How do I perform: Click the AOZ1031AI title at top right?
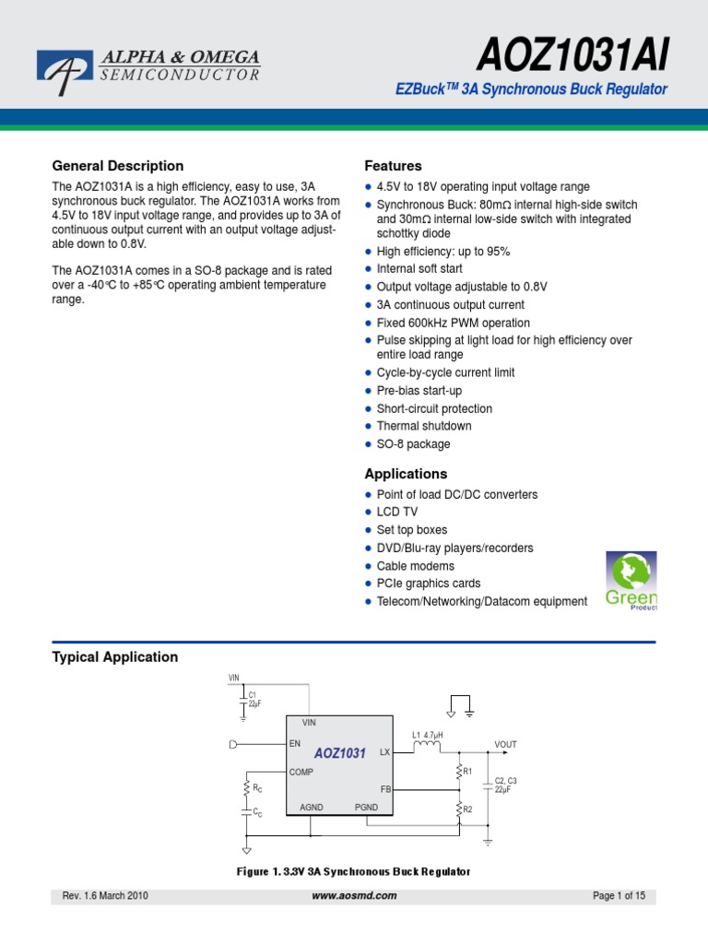(x=572, y=57)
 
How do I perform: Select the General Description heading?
(x=118, y=166)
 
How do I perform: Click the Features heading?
(x=394, y=166)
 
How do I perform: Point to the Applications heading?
(x=406, y=474)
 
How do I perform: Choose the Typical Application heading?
(x=115, y=657)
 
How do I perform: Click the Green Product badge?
(x=631, y=580)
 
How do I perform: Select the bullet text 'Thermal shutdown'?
(x=424, y=426)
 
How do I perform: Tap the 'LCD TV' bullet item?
(x=397, y=512)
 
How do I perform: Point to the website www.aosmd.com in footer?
(x=354, y=895)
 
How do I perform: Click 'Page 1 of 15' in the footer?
(x=618, y=895)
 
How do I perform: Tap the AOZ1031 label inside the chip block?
(x=340, y=753)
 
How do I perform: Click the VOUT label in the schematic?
(x=506, y=744)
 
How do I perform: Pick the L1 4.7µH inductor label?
(x=428, y=735)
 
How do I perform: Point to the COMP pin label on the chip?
(x=301, y=773)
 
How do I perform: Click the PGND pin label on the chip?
(x=367, y=807)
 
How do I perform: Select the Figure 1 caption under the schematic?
(x=354, y=871)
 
